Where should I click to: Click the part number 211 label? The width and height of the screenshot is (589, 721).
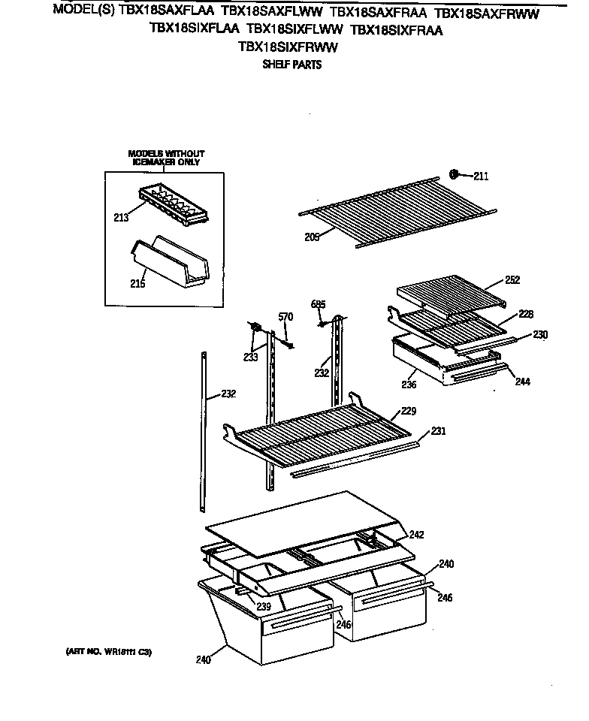coord(481,177)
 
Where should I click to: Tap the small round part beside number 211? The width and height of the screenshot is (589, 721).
coord(454,175)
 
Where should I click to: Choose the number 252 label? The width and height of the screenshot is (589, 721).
coord(512,279)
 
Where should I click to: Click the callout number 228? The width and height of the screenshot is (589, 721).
coord(525,314)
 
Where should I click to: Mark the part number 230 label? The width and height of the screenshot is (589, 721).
coord(541,334)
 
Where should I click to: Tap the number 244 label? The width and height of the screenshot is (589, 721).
coord(522,382)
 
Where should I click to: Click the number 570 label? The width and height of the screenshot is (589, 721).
coord(285,317)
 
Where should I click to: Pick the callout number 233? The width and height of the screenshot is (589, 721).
coord(250,357)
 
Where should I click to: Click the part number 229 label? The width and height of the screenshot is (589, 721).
coord(409,410)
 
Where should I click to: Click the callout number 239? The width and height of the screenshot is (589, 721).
coord(263,607)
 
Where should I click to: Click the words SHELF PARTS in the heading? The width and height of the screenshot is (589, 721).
coord(291,65)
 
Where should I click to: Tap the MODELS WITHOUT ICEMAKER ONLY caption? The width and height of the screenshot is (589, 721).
coord(165,157)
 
